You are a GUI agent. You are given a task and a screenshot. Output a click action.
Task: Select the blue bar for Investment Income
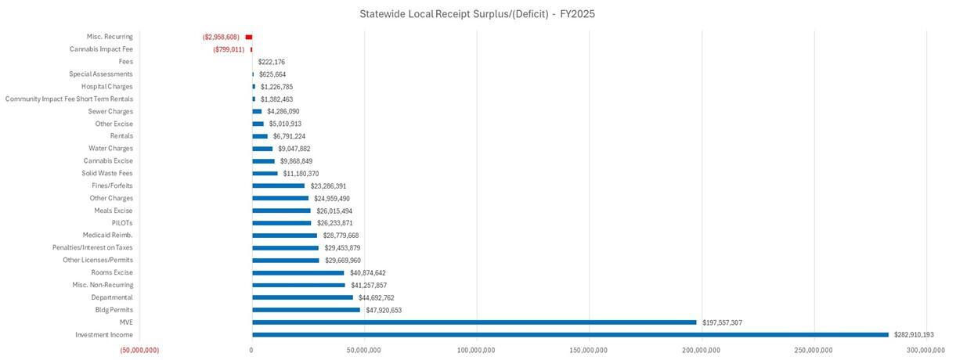[570, 335]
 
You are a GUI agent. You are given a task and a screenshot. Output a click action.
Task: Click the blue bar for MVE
[474, 322]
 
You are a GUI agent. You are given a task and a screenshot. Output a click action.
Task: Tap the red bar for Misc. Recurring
[249, 37]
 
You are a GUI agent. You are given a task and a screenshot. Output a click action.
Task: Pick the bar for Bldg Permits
[305, 310]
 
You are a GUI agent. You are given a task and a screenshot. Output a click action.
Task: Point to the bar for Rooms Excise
[298, 272]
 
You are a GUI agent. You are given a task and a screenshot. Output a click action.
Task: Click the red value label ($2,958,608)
[221, 37]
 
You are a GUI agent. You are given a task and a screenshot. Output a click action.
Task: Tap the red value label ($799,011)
[228, 49]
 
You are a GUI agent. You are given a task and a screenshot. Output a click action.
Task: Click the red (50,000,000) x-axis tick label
[139, 350]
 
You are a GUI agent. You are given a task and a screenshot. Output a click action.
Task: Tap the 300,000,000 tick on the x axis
[926, 350]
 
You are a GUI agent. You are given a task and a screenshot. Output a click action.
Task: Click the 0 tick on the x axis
[251, 350]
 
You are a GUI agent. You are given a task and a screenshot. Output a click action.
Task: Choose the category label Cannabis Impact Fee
[101, 49]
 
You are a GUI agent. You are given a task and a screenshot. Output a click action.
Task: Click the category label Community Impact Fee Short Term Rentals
[69, 99]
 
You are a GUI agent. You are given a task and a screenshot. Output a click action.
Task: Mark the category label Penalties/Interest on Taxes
[92, 247]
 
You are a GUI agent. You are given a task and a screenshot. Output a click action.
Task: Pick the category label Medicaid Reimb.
[107, 235]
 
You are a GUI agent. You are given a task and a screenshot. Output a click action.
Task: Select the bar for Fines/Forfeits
[278, 186]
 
